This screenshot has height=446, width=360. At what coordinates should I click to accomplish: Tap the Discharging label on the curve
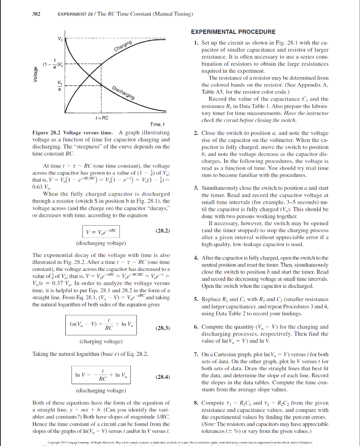pyautogui.click(x=123, y=92)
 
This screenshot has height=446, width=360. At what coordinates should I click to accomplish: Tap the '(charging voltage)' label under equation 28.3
pyautogui.click(x=99, y=342)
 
